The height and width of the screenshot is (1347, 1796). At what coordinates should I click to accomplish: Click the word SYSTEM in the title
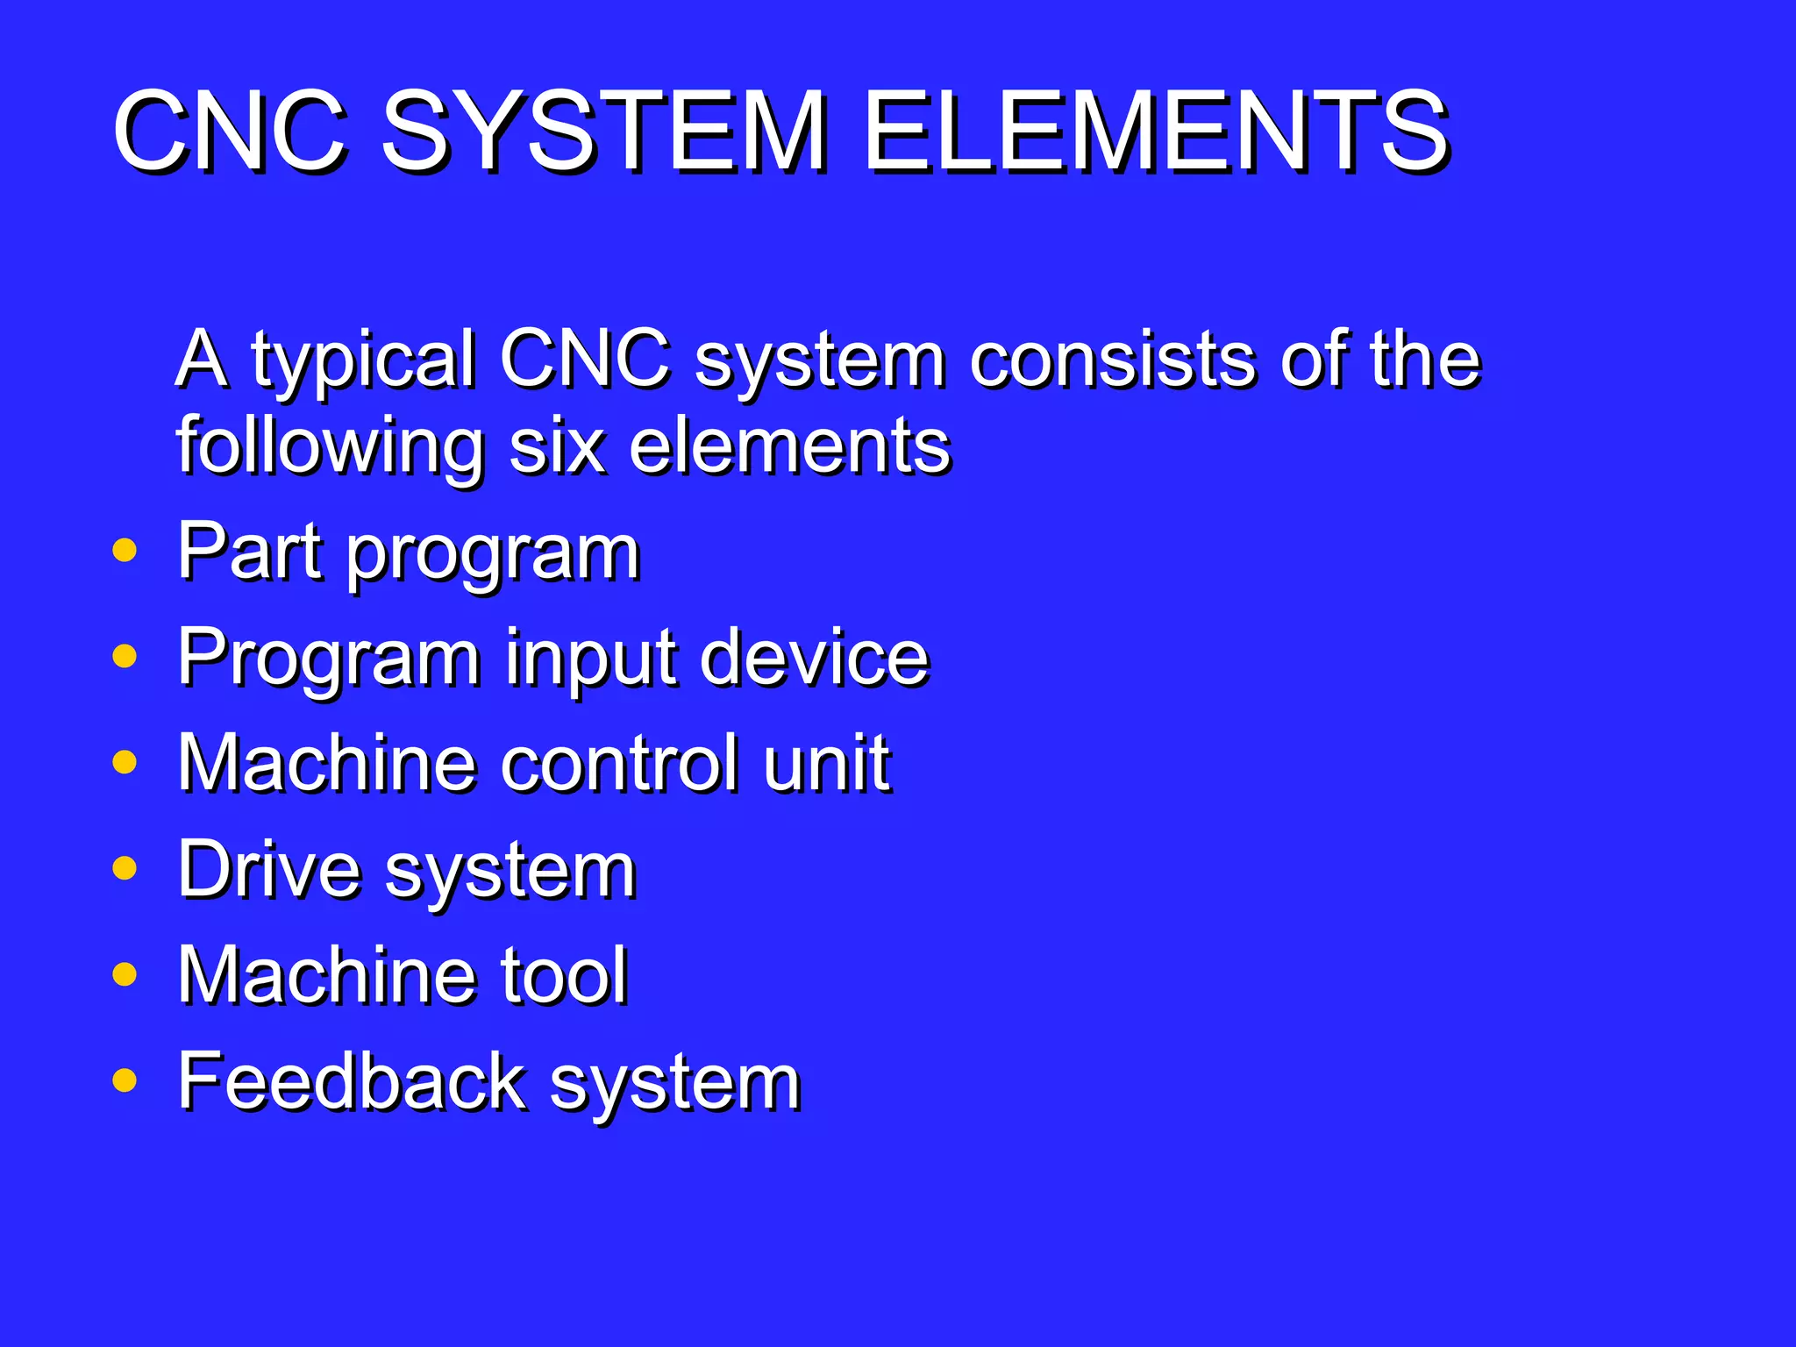pos(603,132)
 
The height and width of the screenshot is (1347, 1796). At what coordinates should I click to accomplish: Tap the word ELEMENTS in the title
pos(1156,132)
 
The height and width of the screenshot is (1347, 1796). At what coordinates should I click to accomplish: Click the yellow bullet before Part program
pos(125,550)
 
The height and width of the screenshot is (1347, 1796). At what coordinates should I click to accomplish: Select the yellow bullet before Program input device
pos(125,655)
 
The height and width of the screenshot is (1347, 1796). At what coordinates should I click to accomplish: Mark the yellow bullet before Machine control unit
pos(125,761)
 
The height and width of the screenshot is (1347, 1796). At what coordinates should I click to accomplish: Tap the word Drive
pos(269,869)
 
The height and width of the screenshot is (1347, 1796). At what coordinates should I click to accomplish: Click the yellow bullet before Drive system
pos(125,867)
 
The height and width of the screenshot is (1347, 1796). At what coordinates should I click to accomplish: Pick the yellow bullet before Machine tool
pos(125,973)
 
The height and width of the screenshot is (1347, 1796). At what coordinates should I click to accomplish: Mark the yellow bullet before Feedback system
pos(125,1080)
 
